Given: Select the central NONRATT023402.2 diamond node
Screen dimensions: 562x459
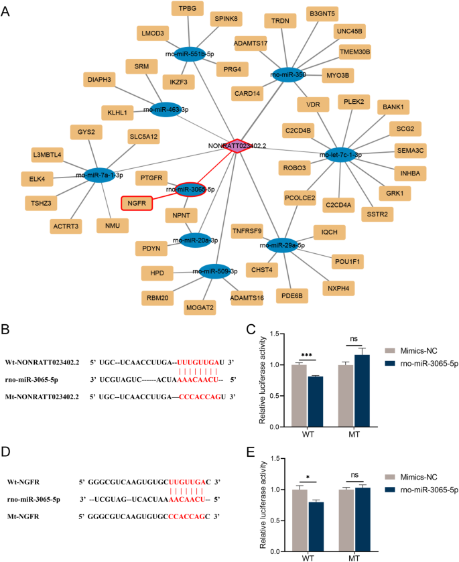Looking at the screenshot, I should tap(235, 145).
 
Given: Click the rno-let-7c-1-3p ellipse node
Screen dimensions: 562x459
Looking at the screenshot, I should tap(342, 155).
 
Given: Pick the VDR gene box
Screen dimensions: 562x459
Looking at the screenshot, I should tap(313, 104).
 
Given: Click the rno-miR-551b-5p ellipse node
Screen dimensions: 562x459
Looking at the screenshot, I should tap(198, 54).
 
